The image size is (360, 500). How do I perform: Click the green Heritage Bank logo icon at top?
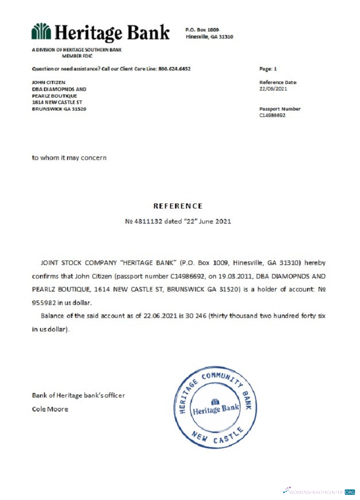click(x=41, y=31)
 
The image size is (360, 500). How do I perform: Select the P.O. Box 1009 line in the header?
click(x=202, y=30)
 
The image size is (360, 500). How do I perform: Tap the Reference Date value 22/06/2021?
click(x=273, y=88)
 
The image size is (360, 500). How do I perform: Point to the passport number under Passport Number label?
click(x=272, y=115)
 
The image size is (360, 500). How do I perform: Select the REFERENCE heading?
click(x=178, y=205)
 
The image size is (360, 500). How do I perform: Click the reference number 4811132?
click(x=148, y=220)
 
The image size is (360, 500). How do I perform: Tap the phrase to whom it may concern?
click(x=69, y=157)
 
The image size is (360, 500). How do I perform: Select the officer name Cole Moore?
click(x=50, y=409)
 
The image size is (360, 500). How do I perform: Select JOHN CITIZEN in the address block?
click(x=48, y=82)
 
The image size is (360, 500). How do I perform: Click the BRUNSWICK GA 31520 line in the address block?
click(x=59, y=108)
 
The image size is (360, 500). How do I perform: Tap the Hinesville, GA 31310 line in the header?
click(x=209, y=36)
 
